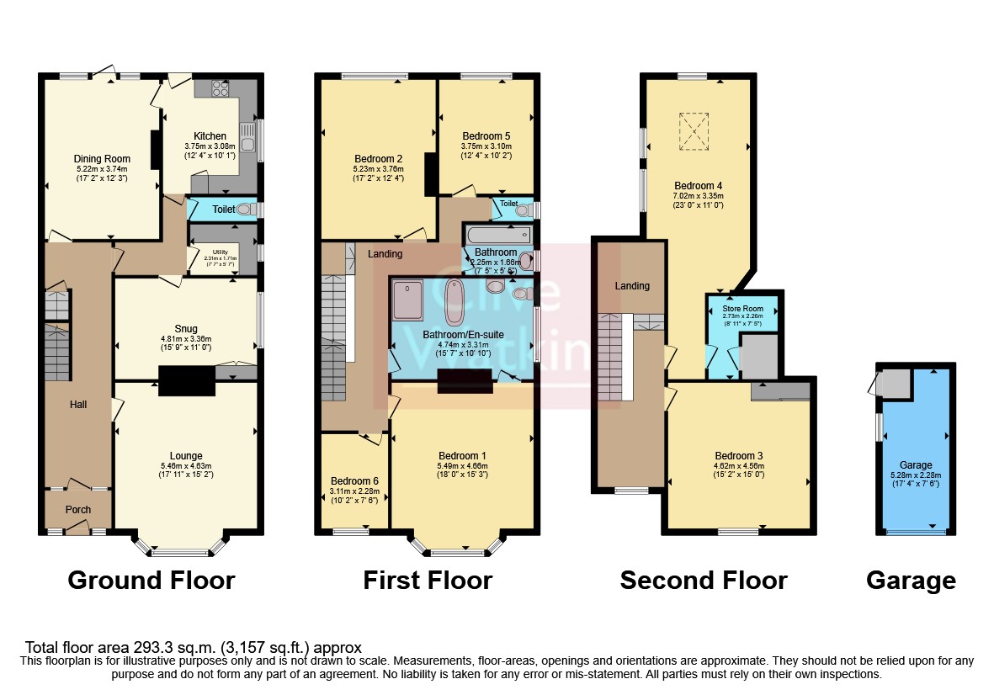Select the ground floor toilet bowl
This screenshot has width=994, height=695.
pyautogui.click(x=245, y=210)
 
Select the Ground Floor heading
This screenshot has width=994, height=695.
pyautogui.click(x=151, y=581)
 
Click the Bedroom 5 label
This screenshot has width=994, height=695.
pyautogui.click(x=486, y=135)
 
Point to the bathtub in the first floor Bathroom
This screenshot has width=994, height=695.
pyautogui.click(x=497, y=235)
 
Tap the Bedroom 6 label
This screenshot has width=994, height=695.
pyautogui.click(x=354, y=481)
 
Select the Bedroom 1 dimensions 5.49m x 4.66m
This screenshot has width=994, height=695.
pyautogui.click(x=461, y=465)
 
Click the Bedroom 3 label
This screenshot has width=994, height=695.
pyautogui.click(x=738, y=455)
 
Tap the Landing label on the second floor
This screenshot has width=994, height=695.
pyautogui.click(x=631, y=286)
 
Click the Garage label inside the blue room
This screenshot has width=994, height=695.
pyautogui.click(x=916, y=464)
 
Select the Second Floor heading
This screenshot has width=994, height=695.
pyautogui.click(x=703, y=581)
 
